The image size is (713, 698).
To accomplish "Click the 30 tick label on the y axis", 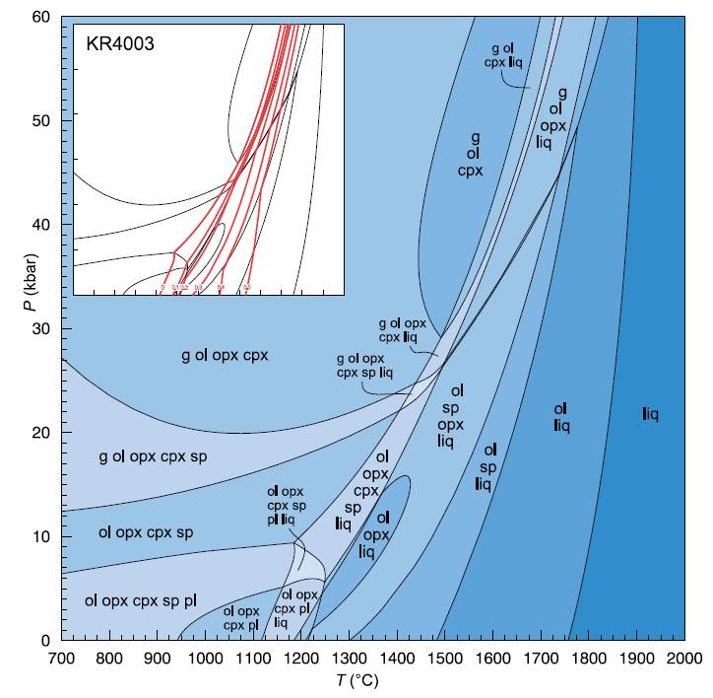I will [x=42, y=328].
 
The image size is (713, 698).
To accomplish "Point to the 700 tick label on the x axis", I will [x=61, y=659].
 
